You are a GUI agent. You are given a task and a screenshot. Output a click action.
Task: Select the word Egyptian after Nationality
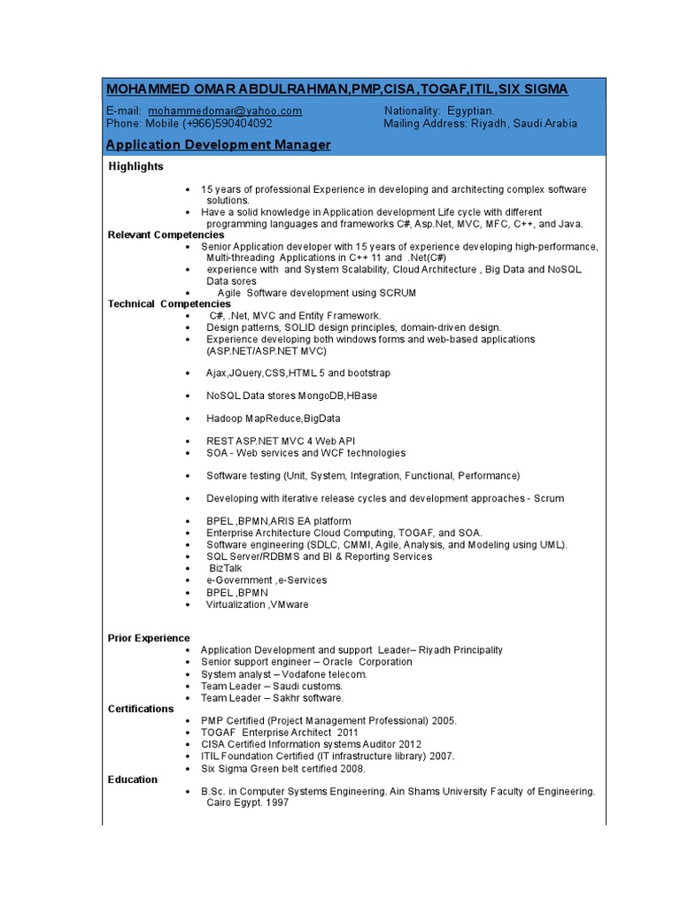coord(472,111)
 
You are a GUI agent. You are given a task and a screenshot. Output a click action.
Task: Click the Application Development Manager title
coord(218,144)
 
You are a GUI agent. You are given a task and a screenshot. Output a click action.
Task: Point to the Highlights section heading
coord(135,166)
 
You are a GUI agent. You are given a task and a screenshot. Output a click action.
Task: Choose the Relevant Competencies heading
coord(166,234)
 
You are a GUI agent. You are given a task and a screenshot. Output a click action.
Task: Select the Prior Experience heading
coord(149,638)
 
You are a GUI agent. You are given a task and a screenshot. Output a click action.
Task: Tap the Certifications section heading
coord(141,709)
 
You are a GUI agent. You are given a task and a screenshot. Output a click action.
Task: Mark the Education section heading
coord(133,779)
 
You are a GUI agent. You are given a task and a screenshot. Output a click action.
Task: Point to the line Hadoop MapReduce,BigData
coord(273,418)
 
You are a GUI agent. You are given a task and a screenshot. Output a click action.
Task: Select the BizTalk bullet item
coord(227,568)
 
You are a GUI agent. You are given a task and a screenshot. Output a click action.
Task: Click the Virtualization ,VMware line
coord(257,604)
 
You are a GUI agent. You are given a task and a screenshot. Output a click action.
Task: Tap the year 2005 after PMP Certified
coord(443,721)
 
